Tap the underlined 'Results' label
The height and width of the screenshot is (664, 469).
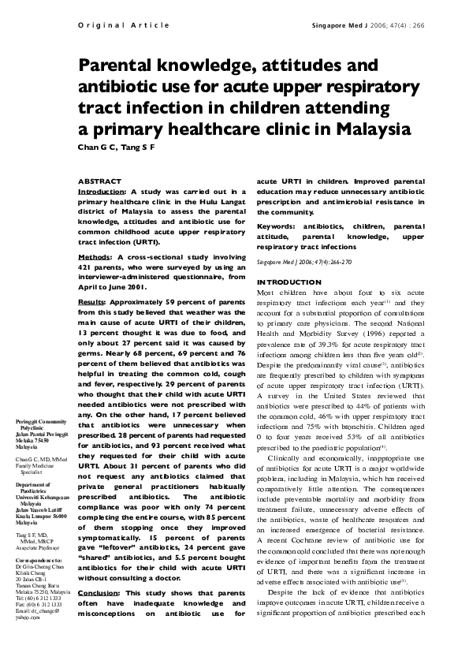coord(92,301)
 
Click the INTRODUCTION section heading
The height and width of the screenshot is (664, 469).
coord(289,282)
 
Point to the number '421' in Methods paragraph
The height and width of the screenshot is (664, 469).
coord(87,267)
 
